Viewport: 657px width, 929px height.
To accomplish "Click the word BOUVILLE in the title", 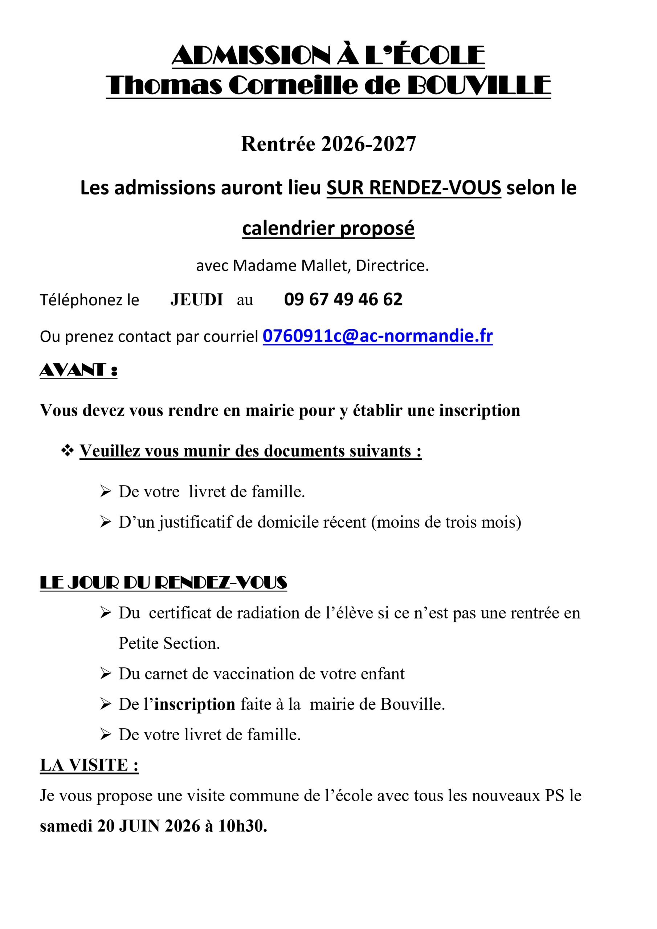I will [478, 86].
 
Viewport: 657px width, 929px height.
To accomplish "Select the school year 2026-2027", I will [368, 144].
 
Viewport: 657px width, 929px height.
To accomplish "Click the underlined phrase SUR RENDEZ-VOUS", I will [414, 188].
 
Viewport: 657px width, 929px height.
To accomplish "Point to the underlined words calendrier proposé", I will [328, 228].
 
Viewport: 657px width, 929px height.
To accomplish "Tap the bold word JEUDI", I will [197, 300].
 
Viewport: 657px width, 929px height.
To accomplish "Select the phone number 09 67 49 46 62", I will [343, 299].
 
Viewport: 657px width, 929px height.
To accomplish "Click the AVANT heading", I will [78, 370].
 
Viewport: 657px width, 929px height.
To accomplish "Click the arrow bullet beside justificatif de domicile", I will [105, 522].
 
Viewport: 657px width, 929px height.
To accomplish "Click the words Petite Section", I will [169, 643].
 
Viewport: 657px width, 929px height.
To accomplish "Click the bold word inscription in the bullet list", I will [195, 704].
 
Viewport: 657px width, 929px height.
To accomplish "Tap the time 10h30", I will [242, 826].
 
